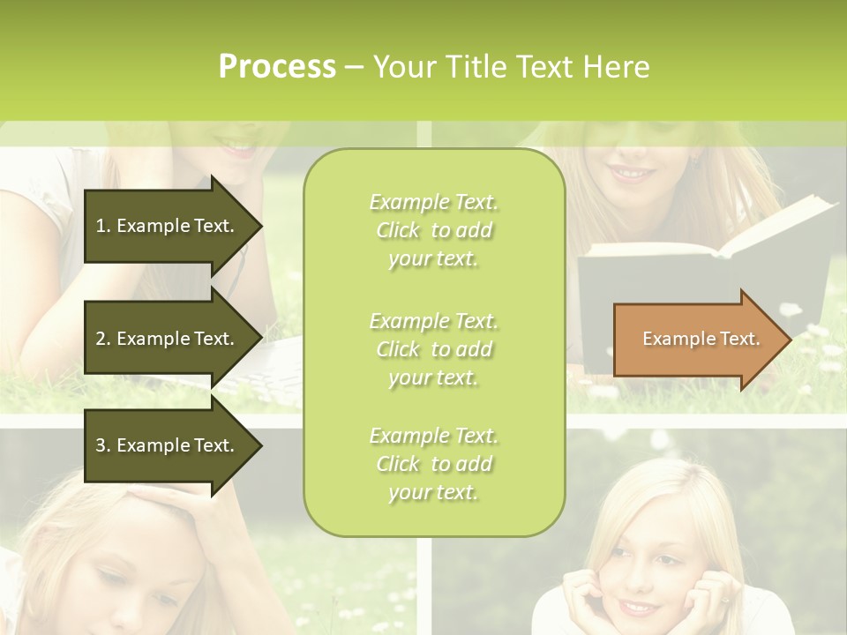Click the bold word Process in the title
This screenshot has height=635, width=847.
point(277,67)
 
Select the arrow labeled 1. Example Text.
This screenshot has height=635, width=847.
point(168,226)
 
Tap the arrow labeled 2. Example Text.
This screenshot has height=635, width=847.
point(168,339)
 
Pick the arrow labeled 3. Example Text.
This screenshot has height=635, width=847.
point(168,445)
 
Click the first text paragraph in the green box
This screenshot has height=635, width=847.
point(433,230)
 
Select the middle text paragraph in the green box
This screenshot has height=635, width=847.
point(433,349)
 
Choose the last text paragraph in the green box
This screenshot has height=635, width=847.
point(433,464)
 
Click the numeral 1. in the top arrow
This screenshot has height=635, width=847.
point(103,226)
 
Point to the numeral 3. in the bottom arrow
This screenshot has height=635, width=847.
point(103,445)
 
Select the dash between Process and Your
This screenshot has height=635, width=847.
point(354,68)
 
